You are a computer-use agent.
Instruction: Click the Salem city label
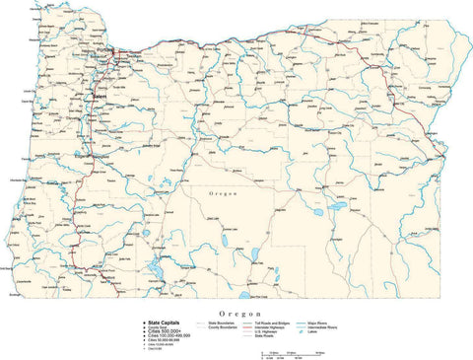pyautogui.click(x=100, y=96)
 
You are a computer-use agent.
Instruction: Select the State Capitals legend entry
pyautogui.click(x=167, y=323)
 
